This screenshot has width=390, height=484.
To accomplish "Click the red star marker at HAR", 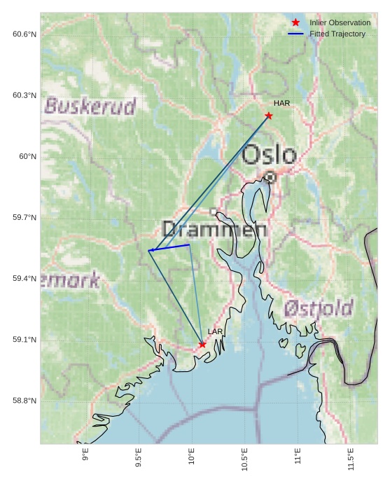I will coord(269,116).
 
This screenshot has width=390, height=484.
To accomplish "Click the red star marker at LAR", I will coord(202,344).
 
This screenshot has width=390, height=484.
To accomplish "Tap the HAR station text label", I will coord(281,104).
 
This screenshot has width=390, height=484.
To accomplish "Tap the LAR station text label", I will coord(215,332).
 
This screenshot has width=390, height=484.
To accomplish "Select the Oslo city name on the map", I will coord(270,154).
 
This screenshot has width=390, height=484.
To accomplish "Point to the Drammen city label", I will coord(214,229).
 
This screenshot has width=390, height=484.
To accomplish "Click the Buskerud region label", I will coord(90,106).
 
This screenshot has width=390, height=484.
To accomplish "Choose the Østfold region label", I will coord(319,307).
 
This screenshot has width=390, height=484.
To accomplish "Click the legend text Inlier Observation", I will coord(340,22).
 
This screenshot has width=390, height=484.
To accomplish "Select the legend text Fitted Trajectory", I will coord(337,34).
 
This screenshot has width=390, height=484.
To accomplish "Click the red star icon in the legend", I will coord(295,22).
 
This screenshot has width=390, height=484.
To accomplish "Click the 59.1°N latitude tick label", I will coord(24,340).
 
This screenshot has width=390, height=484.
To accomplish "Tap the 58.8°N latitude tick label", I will coord(24,401).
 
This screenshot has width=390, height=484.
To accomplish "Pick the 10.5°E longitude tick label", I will coord(244,459).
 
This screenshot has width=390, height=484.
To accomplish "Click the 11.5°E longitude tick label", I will coord(351,459).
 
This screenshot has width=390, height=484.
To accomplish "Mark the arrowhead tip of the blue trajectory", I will coord(149,251).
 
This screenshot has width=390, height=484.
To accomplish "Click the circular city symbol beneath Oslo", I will coord(270,177).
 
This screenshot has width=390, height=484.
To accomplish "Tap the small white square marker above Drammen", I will coord(214,211).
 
